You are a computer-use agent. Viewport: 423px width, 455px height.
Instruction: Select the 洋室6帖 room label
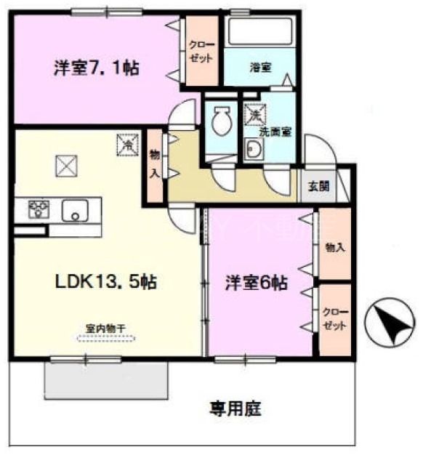pyautogui.click(x=254, y=283)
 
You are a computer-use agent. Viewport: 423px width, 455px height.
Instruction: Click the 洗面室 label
pyautogui.click(x=275, y=132)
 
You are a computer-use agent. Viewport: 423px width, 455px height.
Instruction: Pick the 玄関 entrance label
pyautogui.click(x=318, y=185)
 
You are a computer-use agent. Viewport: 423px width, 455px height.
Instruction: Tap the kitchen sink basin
pyautogui.click(x=74, y=210)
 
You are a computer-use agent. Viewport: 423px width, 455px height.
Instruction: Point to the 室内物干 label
pyautogui.click(x=106, y=329)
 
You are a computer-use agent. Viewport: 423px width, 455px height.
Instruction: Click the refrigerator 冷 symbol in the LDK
pyautogui.click(x=126, y=145)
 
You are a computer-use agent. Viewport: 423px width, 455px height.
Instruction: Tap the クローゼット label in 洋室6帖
pyautogui.click(x=334, y=319)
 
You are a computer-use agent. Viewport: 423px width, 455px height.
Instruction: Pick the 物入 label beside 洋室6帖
pyautogui.click(x=335, y=247)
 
